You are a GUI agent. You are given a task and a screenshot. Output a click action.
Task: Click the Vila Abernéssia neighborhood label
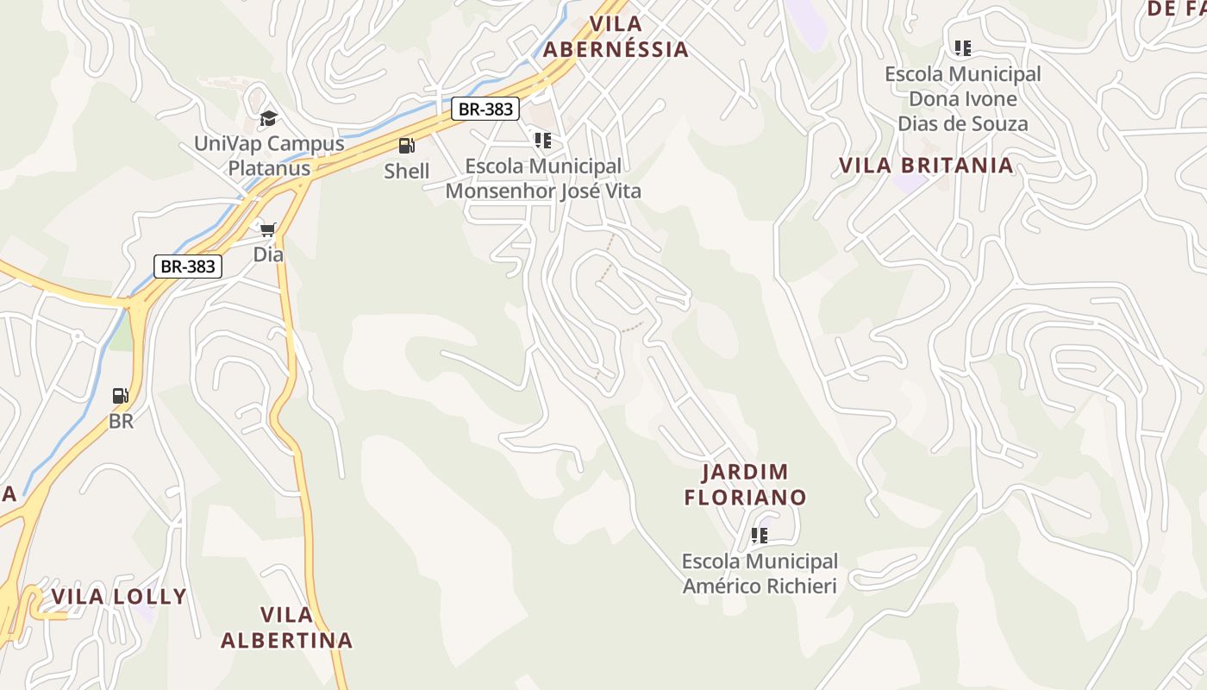click(616, 36)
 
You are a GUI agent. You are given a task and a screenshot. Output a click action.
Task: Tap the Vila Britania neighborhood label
click(926, 166)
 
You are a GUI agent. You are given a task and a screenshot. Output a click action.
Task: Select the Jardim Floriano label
click(745, 485)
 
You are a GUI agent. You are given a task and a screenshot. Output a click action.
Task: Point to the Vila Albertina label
click(286, 627)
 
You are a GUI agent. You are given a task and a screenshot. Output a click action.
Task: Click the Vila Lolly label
click(119, 596)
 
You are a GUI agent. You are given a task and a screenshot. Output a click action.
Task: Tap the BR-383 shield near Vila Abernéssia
click(485, 109)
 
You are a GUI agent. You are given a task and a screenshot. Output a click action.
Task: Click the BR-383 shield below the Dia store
click(188, 267)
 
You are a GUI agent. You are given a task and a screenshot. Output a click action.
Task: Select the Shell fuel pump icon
click(406, 146)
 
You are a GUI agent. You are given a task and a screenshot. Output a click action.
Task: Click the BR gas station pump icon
click(121, 396)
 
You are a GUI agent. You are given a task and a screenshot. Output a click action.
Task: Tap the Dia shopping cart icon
click(268, 229)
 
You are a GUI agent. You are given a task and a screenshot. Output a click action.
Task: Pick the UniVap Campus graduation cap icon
click(268, 118)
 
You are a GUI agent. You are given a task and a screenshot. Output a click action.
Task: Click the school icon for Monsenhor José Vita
click(542, 140)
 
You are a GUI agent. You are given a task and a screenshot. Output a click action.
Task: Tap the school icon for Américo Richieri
click(759, 536)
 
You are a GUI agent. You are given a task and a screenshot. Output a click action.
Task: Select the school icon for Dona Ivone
click(962, 48)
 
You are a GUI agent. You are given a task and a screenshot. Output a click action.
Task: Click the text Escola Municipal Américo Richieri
click(760, 574)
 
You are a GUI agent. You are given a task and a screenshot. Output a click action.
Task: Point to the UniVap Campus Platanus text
click(269, 156)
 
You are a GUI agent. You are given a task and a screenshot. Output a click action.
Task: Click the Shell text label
click(406, 171)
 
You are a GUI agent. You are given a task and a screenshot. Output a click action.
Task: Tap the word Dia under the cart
click(268, 254)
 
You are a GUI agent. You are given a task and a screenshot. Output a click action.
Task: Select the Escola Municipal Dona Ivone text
click(963, 98)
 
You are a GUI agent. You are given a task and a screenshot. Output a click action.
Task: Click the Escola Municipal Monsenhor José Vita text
click(543, 179)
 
